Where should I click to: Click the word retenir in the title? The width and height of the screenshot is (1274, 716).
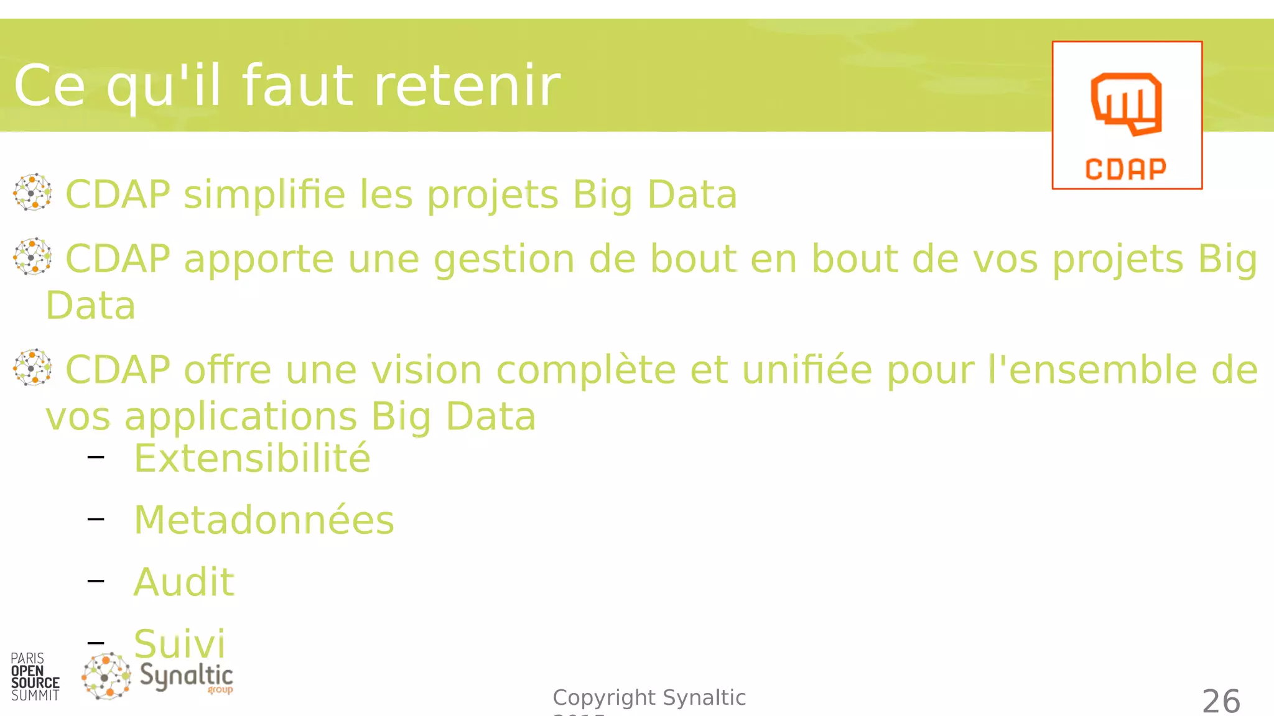(x=467, y=86)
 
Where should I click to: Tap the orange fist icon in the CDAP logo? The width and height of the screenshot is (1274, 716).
(x=1126, y=103)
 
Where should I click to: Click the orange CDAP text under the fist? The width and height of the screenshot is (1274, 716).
(x=1126, y=169)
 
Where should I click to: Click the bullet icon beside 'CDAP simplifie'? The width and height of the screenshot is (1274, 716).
(x=32, y=192)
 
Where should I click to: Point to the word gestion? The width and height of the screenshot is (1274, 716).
(x=504, y=259)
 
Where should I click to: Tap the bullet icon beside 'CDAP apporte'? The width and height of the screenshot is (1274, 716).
(x=32, y=256)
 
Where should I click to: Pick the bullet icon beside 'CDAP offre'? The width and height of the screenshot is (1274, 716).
(x=32, y=367)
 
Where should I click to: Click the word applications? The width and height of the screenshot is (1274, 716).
(x=240, y=417)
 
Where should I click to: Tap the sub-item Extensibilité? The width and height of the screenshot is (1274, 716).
(x=252, y=459)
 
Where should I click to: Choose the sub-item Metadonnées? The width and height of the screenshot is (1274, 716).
(x=264, y=520)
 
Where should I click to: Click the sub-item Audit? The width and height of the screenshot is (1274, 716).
(x=184, y=582)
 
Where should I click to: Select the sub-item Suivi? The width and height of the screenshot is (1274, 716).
(x=179, y=643)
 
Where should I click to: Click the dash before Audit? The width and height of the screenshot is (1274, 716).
(x=96, y=581)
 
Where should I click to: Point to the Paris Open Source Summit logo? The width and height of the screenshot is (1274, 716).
(x=35, y=677)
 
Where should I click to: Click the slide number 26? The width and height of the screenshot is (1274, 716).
(x=1221, y=701)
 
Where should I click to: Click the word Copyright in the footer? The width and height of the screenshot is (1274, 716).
(x=604, y=697)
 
